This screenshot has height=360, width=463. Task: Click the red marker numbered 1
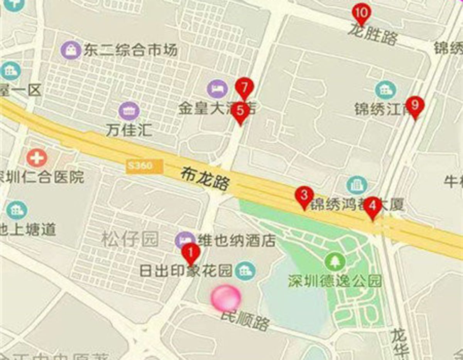tap(191, 253)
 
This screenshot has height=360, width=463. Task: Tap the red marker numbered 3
tap(304, 196)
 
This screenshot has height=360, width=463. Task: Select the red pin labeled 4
tap(372, 206)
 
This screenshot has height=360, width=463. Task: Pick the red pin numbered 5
tap(240, 112)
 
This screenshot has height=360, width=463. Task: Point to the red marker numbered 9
tap(415, 105)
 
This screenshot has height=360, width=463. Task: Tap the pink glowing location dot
tap(226, 298)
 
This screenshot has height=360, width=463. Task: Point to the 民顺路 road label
tap(245, 321)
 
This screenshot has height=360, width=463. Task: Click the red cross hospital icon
tap(37, 158)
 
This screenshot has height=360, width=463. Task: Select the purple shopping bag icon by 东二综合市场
tap(72, 50)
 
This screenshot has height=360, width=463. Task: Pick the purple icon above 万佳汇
tap(129, 111)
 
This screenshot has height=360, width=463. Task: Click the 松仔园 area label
tap(130, 240)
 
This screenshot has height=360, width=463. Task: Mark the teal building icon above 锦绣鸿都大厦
tap(357, 185)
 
